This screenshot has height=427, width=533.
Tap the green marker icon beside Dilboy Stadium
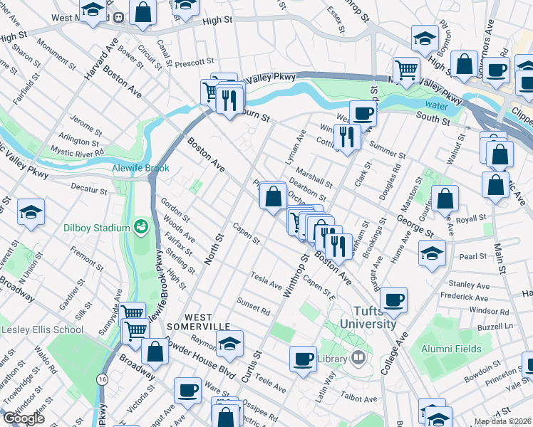(142, 227)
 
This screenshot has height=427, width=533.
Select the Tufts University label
(375, 317)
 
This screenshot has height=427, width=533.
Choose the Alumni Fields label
(450, 349)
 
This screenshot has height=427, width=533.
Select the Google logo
(23, 418)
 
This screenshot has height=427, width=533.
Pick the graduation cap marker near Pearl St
(432, 253)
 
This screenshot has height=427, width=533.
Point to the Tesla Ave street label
(266, 280)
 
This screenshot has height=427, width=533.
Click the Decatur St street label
(88, 190)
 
